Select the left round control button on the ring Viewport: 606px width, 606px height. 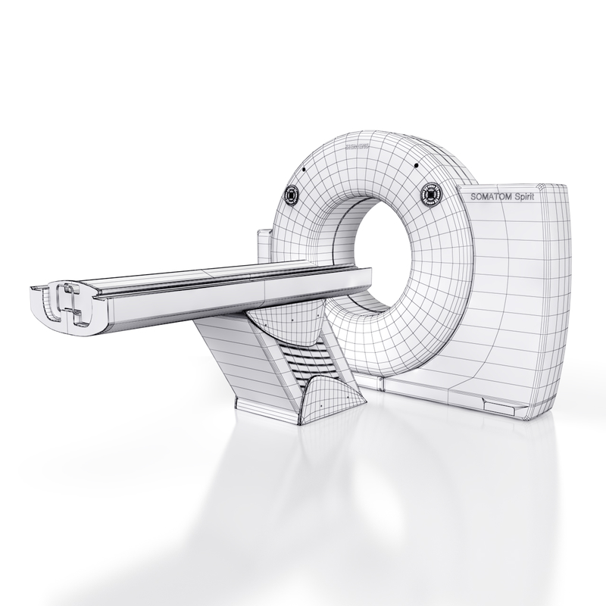pyautogui.click(x=292, y=195)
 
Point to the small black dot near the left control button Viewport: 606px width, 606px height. pyautogui.click(x=301, y=170)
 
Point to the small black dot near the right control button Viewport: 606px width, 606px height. pyautogui.click(x=416, y=166)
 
